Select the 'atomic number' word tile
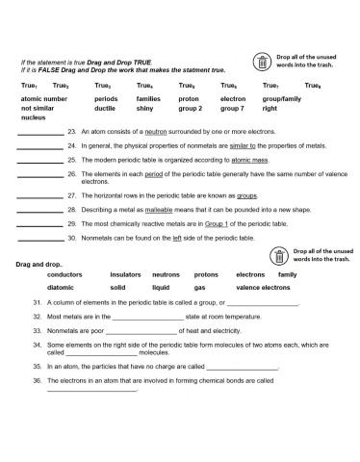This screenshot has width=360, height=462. tap(44, 99)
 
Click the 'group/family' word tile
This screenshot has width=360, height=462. tap(282, 99)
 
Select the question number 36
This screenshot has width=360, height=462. tap(36, 383)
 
